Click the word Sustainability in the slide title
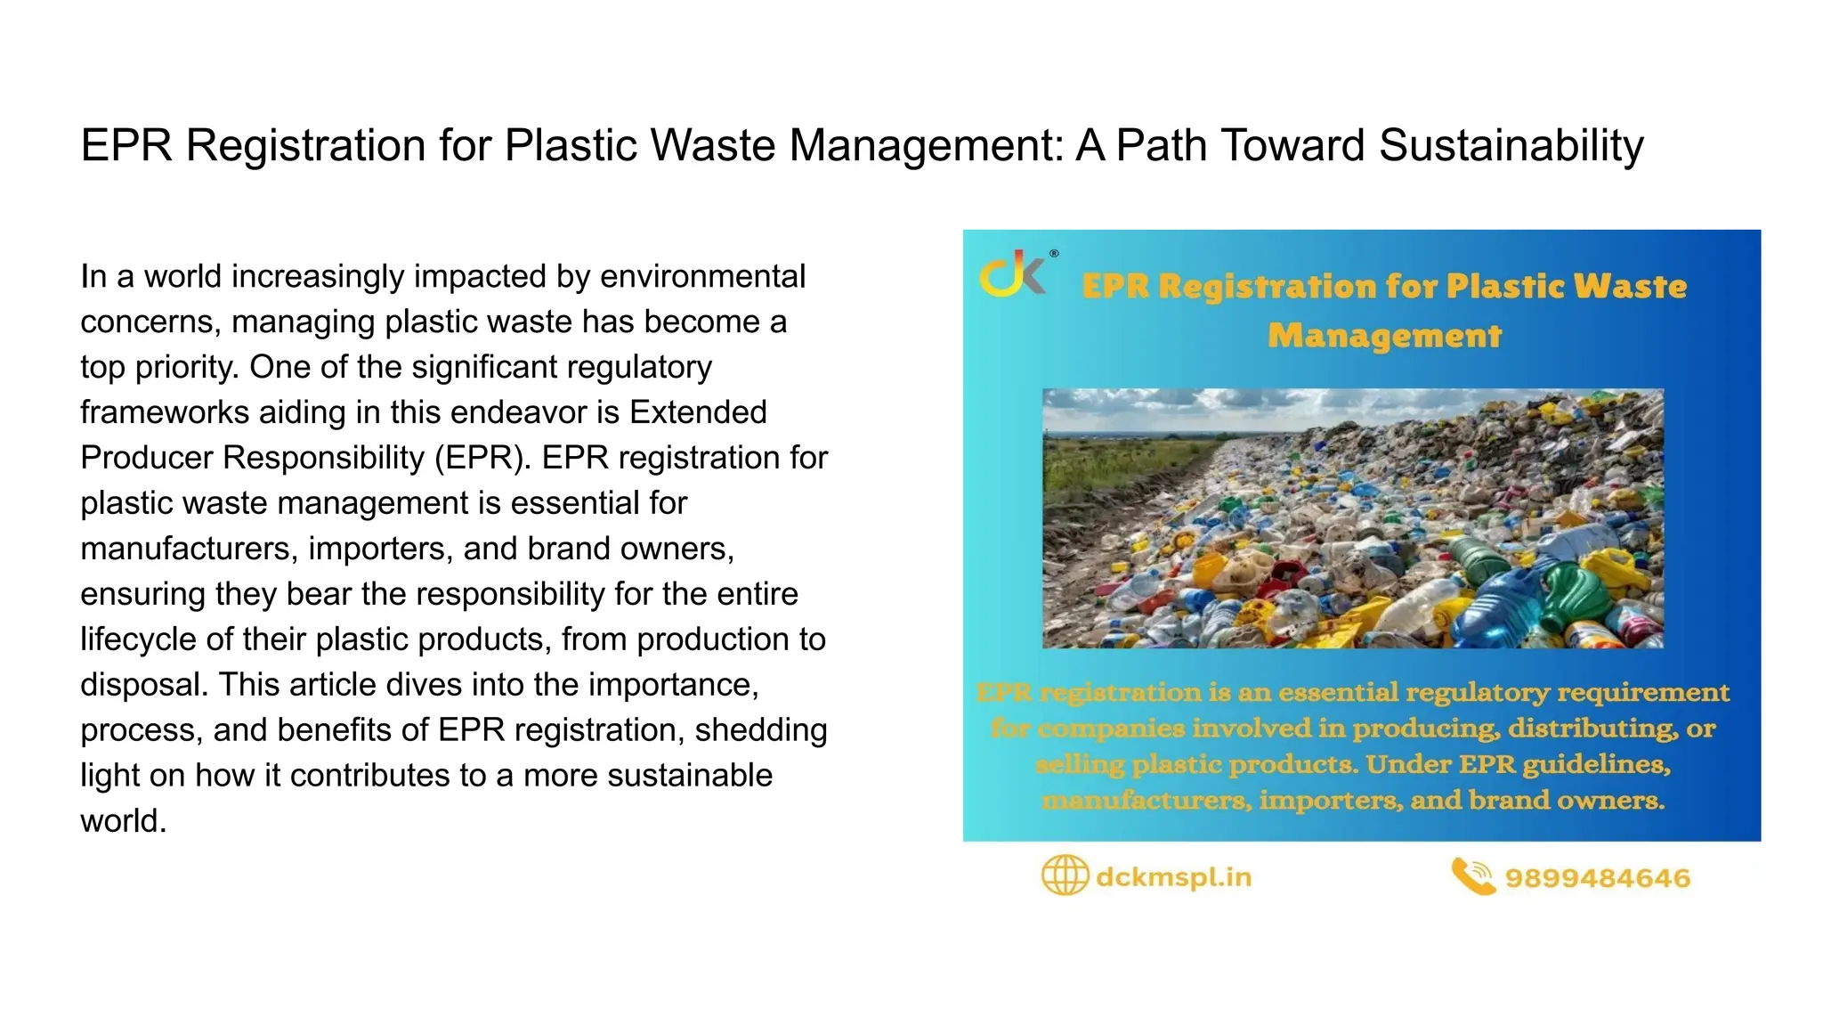pos(1511,145)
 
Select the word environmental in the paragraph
pos(702,276)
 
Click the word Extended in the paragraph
pos(698,412)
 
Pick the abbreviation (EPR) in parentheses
pos(482,458)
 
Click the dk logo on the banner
pos(1012,273)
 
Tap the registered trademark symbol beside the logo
pos(1054,254)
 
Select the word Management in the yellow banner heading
pos(1384,336)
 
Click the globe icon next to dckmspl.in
pos(1065,875)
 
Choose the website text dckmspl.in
pos(1173,877)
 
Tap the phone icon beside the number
pos(1472,876)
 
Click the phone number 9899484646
pos(1597,878)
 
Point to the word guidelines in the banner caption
pos(1596,764)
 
